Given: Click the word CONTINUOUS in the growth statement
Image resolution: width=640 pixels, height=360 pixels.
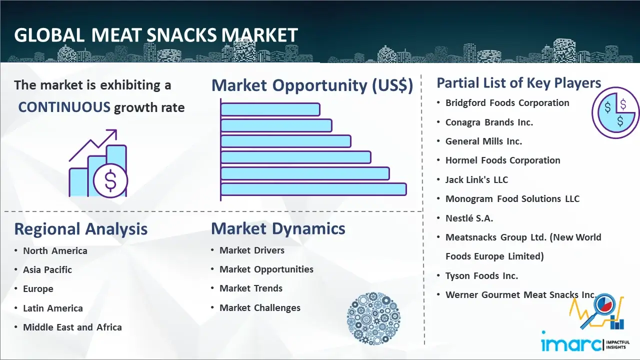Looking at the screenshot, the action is (x=64, y=107).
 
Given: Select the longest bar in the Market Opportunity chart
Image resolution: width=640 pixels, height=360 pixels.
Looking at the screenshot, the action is (x=313, y=189).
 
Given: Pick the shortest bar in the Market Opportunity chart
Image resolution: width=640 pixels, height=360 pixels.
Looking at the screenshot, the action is (x=270, y=109).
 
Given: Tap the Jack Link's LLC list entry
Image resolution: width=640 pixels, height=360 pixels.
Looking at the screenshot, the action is (x=476, y=179).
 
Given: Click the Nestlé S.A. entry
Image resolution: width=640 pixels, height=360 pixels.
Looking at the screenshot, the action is (x=469, y=218).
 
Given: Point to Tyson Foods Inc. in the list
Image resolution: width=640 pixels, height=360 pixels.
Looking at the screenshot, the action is (x=481, y=275).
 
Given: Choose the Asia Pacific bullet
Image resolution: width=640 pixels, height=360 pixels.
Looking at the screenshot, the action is (x=47, y=269).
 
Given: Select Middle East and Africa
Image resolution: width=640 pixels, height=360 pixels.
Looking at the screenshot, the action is (x=72, y=327).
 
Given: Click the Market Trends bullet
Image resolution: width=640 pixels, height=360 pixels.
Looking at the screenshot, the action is (x=251, y=288).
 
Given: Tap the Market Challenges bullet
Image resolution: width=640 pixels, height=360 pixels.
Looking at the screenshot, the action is (x=260, y=307).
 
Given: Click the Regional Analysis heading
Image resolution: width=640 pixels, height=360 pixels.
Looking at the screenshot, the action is (x=81, y=229).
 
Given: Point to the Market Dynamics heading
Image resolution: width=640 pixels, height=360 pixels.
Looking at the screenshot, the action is (x=278, y=228).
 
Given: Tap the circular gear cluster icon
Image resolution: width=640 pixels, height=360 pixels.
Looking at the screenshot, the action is (x=373, y=318).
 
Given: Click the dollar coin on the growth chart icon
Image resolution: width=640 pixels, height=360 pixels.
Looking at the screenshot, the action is (x=110, y=180).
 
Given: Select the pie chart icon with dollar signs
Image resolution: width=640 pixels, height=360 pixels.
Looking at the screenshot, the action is (x=615, y=113).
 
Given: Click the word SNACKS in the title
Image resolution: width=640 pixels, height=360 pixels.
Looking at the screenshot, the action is (x=181, y=35).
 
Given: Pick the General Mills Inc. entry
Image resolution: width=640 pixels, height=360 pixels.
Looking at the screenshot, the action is (x=483, y=141).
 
